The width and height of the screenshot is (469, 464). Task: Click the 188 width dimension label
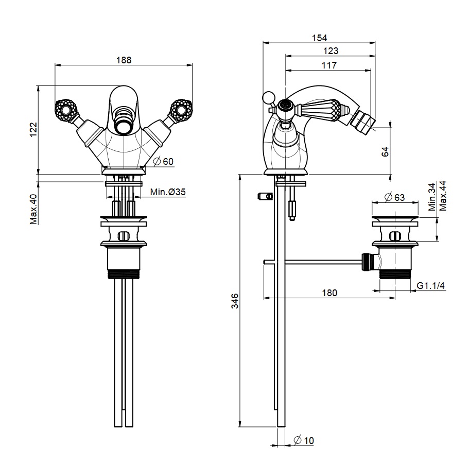[x=124, y=59]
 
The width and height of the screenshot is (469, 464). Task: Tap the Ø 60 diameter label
[x=163, y=161]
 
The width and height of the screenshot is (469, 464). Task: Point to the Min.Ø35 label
[x=168, y=192]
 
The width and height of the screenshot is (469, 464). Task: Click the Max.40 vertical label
[x=33, y=209]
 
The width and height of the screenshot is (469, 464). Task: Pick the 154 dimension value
[x=319, y=38]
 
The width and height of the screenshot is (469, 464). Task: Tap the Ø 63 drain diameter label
[x=395, y=197]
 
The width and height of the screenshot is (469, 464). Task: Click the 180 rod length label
[x=329, y=293]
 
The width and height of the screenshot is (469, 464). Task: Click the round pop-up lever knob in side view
[x=268, y=97]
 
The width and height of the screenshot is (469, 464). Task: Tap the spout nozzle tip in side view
[x=365, y=125]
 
